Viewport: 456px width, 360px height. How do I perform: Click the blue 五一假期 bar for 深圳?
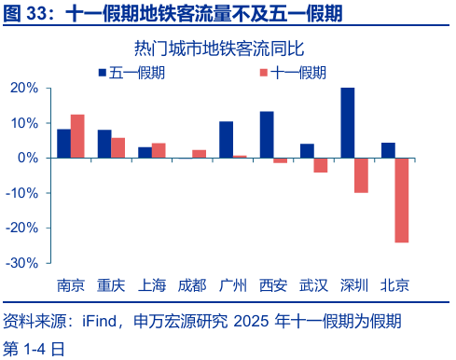coord(347,123)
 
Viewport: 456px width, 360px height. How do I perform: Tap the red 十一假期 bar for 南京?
coord(77,136)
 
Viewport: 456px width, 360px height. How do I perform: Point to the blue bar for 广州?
coord(226,139)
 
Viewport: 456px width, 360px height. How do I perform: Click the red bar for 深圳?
coord(361,175)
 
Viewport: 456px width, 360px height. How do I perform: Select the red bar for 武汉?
coord(321,165)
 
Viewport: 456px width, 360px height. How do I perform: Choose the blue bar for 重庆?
coord(104,144)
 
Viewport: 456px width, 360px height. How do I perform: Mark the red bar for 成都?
coord(199,154)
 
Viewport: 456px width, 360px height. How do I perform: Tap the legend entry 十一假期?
coord(295,73)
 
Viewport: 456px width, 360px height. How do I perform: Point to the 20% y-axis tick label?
coord(23,88)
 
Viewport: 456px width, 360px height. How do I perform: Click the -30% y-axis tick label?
coord(21,263)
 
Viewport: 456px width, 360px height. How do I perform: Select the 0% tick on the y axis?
coord(29,158)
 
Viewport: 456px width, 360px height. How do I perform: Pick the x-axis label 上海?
coord(152,285)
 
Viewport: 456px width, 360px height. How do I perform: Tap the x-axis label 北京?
coord(394,285)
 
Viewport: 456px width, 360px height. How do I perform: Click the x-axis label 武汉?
coord(313,285)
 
